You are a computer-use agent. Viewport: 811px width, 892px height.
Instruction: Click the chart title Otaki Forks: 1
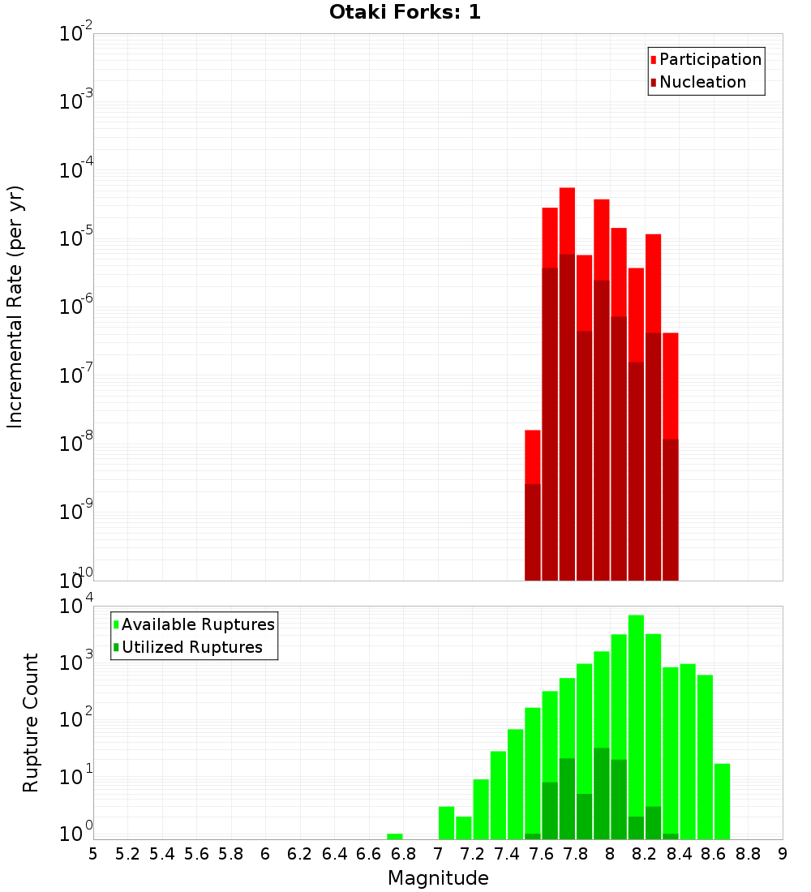pos(405,13)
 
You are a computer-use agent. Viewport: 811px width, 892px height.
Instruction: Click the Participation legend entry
pos(710,60)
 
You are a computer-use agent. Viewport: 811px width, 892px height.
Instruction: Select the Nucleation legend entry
pos(702,83)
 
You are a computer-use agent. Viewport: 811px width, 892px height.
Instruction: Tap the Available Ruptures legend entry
pos(197,624)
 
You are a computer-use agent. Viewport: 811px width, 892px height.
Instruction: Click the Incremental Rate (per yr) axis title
pos(15,307)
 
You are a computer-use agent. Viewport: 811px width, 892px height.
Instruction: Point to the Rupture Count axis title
pos(31,722)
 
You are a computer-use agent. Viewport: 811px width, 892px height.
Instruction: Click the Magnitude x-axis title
pos(438,878)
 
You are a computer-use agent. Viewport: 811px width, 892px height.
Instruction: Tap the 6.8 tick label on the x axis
pos(403,854)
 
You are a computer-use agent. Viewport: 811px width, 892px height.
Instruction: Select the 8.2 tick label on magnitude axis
pos(645,854)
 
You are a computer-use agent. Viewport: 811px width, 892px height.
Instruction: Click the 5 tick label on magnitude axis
pos(92,854)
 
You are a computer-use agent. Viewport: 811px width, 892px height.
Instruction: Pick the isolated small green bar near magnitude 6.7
pos(395,836)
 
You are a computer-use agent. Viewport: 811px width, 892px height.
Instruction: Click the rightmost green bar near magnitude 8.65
pos(722,801)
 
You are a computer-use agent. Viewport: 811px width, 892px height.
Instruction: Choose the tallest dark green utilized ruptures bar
pos(602,793)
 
